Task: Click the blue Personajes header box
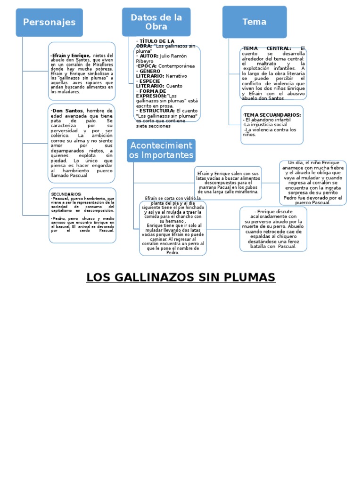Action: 49,22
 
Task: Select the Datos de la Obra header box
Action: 156,22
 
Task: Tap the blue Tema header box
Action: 254,22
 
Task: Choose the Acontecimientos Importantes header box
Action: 161,150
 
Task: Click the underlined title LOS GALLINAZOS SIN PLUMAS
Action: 181,278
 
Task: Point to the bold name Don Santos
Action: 67,111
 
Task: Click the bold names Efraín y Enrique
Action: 71,56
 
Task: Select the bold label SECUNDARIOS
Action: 66,194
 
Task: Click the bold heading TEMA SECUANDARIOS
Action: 272,114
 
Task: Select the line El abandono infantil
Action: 267,120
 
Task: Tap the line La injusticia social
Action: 265,125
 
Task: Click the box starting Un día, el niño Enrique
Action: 313,183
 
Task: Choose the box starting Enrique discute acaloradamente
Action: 273,229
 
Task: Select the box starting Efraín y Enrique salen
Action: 228,183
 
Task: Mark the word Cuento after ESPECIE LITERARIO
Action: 173,86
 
